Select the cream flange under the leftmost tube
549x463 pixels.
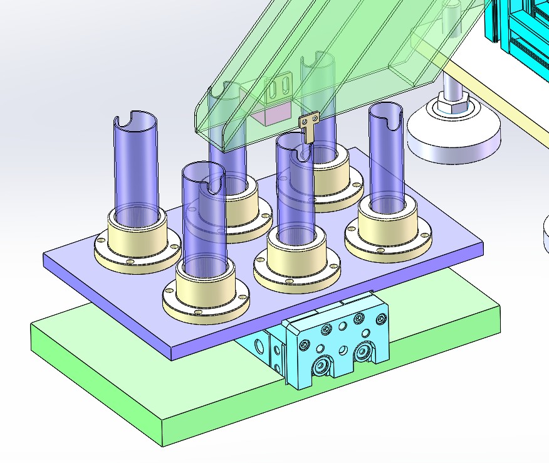(137, 248)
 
